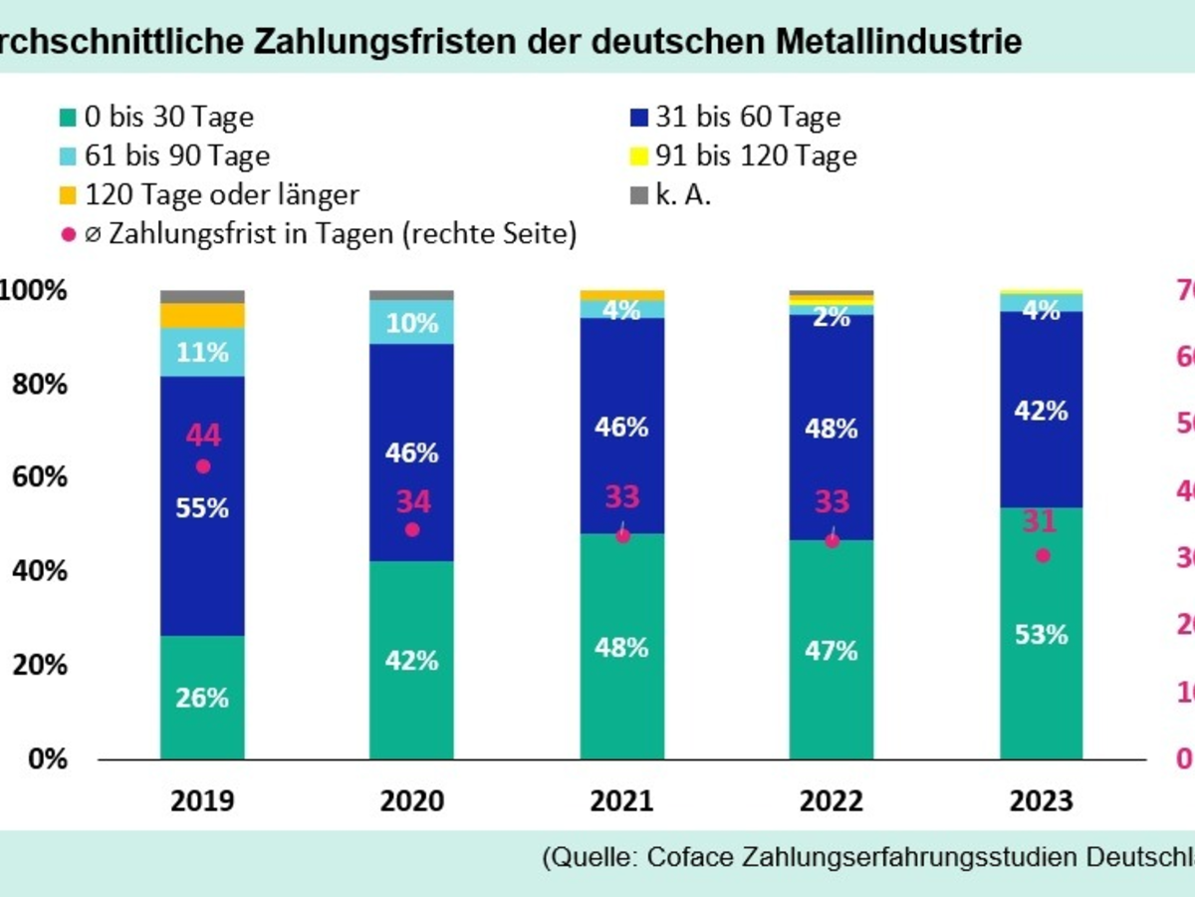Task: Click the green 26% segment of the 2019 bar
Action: pyautogui.click(x=202, y=698)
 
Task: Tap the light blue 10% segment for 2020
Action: pyautogui.click(x=411, y=322)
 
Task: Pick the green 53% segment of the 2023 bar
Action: pyautogui.click(x=1042, y=634)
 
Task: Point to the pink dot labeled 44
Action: pyautogui.click(x=202, y=466)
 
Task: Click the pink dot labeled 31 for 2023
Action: pyautogui.click(x=1042, y=555)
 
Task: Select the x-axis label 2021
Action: pyautogui.click(x=621, y=801)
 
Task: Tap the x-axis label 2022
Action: pyautogui.click(x=832, y=801)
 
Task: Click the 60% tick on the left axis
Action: pyautogui.click(x=40, y=477)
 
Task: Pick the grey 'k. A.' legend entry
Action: pyautogui.click(x=682, y=194)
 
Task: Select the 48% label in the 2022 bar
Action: pyautogui.click(x=832, y=429)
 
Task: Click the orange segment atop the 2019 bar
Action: pyautogui.click(x=202, y=316)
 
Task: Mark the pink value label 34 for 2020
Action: pyautogui.click(x=411, y=501)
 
